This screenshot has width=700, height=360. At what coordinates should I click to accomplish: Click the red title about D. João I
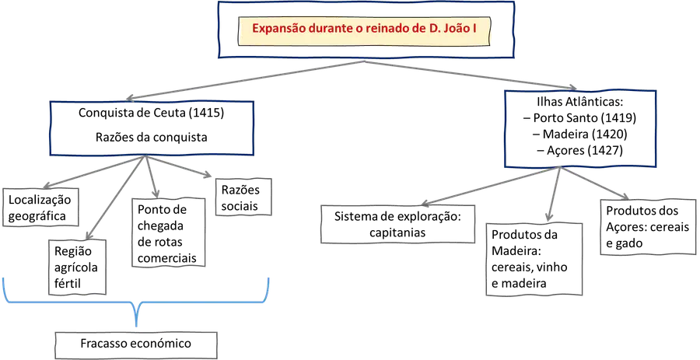point(365,29)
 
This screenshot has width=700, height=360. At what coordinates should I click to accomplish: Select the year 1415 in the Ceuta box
point(206,113)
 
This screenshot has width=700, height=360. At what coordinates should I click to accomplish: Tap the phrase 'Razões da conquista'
point(152,137)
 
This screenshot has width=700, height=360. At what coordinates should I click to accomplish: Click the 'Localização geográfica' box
point(40,208)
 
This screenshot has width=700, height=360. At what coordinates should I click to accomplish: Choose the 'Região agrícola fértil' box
point(78,267)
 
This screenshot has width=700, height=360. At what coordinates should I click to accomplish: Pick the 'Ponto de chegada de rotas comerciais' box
point(168,232)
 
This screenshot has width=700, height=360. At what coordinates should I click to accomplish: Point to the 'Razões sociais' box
point(237,197)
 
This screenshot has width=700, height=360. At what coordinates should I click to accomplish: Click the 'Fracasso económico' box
point(136,344)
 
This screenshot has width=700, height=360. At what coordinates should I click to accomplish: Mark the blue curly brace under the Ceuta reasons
point(136,303)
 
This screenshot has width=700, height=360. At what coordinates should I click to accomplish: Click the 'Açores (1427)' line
point(580,150)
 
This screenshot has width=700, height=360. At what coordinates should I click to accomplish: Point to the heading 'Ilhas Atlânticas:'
point(580,102)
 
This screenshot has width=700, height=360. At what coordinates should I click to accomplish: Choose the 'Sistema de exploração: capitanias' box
point(397,225)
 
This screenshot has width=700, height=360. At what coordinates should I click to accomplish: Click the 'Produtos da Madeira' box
point(534,259)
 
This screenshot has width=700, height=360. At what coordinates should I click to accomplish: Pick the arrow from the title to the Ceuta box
point(246,80)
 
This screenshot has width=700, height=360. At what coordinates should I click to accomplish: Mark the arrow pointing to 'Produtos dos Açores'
point(594,183)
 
